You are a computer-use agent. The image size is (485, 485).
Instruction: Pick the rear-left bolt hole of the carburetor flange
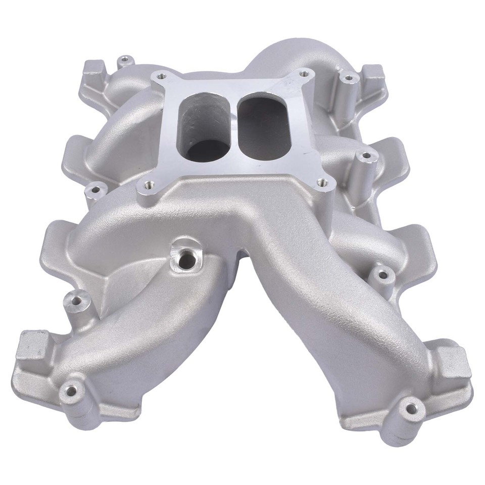tap(161, 77)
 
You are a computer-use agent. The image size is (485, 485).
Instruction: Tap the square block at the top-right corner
tap(374, 73)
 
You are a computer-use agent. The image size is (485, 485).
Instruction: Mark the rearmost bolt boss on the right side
tap(348, 78)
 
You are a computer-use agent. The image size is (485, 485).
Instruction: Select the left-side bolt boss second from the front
tap(76, 301)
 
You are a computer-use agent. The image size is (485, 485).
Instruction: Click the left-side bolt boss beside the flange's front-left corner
tap(94, 191)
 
